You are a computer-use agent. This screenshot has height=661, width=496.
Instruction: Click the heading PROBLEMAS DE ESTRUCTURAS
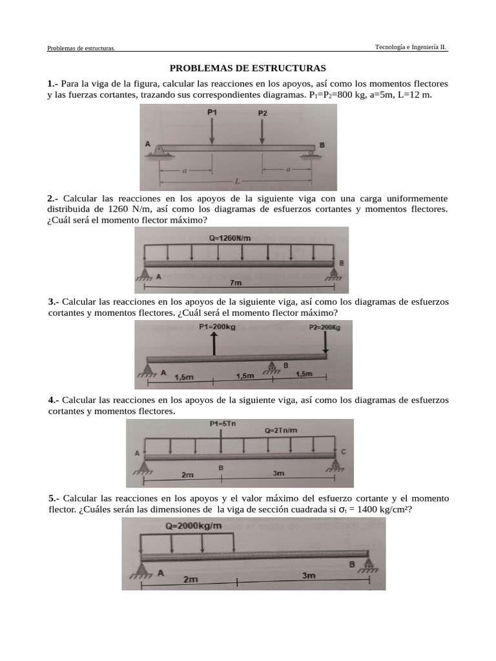[248, 68]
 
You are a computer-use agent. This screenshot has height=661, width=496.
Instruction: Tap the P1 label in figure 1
[212, 112]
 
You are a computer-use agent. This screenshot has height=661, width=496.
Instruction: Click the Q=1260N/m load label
[230, 238]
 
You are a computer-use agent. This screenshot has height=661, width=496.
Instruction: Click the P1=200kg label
[218, 327]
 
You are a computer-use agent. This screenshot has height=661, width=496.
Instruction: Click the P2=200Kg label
[324, 327]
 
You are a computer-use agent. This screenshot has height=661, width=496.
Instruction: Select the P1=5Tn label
[223, 424]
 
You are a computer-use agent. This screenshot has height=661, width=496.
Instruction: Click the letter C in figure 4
[344, 452]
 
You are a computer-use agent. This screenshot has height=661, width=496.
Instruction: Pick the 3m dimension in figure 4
[278, 473]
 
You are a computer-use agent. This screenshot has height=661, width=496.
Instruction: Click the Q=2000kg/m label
[193, 525]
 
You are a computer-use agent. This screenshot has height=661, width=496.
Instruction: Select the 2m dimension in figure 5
[190, 579]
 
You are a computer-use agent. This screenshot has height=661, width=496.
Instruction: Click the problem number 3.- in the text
[54, 302]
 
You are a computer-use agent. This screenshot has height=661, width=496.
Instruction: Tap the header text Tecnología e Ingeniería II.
[411, 47]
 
